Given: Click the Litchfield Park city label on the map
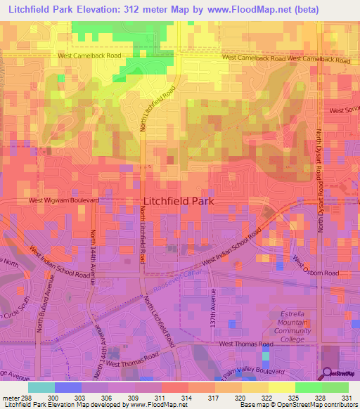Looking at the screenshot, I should point(178,200).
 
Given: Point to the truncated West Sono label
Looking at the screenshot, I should point(344,110).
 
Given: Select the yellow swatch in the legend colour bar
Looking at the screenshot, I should point(281,387).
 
